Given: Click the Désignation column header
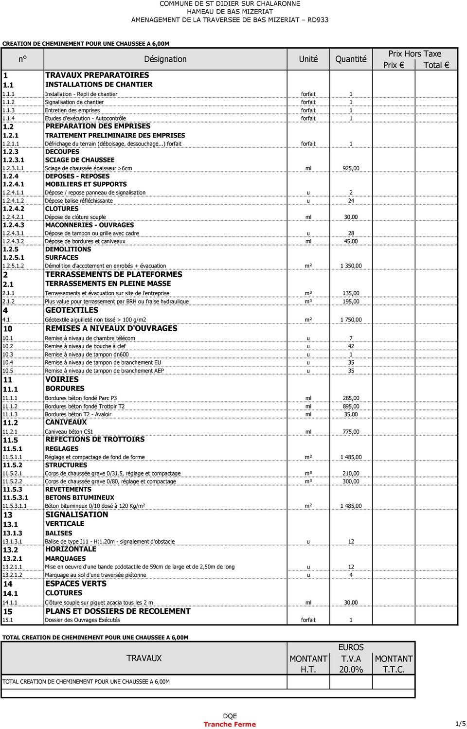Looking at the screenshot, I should [165, 59].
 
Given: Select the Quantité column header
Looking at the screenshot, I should [351, 59].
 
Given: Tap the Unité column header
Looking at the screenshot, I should [308, 59].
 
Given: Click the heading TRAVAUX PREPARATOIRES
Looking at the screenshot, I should [97, 75].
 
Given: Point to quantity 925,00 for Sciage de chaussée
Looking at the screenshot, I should [351, 168].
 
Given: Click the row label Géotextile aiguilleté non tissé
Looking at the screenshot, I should [95, 320].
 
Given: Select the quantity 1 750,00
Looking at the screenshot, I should [351, 320].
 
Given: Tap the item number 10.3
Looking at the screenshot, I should [8, 355].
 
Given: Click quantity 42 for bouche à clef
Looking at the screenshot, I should [351, 346].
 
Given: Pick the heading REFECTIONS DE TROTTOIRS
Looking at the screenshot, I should [95, 439].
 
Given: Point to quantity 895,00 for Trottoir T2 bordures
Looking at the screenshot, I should [351, 407].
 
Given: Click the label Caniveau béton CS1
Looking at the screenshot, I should [69, 432].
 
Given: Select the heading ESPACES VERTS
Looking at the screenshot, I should [76, 584].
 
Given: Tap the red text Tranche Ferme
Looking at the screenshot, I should [230, 724].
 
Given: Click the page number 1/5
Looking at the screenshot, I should [460, 724].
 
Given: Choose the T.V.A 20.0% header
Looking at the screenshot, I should [351, 664].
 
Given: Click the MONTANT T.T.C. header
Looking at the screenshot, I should [394, 664].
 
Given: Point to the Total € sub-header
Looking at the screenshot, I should [436, 65].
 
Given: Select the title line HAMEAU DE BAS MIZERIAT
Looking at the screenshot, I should [230, 12].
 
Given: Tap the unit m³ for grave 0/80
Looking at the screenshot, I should [308, 481].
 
